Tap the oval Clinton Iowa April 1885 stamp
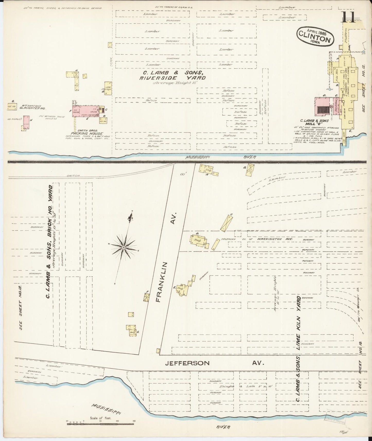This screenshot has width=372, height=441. point(315,36)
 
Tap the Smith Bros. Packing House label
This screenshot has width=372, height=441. point(88,132)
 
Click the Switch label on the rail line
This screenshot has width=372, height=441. point(74,175)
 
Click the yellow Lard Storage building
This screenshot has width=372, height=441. point(108,88)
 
